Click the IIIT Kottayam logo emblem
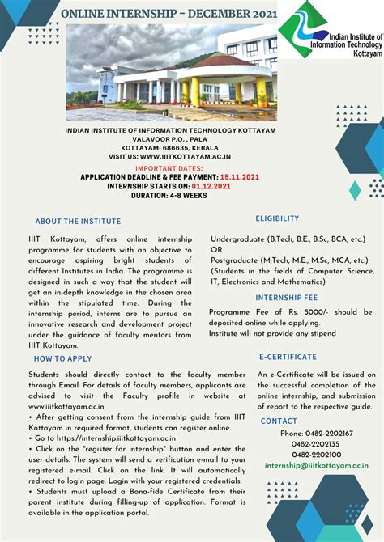tap(302, 30)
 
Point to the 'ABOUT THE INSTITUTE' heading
tap(78, 222)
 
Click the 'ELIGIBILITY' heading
tap(277, 218)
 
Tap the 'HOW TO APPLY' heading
tap(63, 358)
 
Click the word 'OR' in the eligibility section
tap(216, 250)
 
